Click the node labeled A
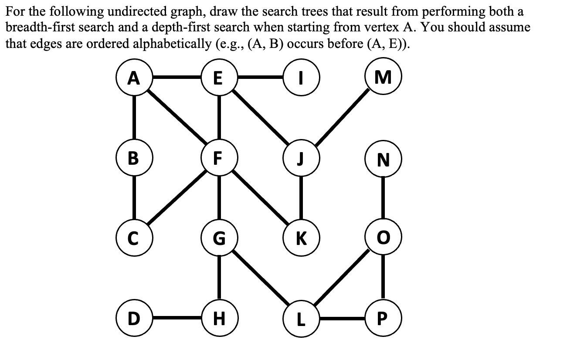(134, 78)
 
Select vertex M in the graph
(383, 78)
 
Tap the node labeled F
(219, 158)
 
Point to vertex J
(300, 158)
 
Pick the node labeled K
(300, 238)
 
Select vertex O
(383, 238)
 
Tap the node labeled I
(300, 78)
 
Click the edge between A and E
(176, 78)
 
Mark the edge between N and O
(383, 198)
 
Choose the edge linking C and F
(176, 198)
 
